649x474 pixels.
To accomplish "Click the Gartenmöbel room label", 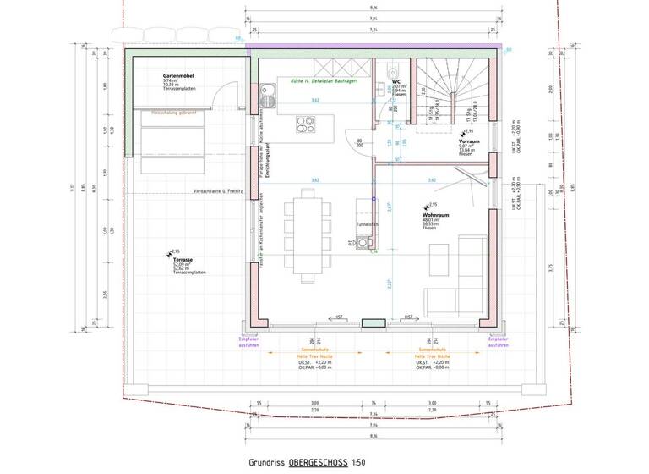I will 179,76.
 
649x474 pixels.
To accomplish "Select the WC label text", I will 395,81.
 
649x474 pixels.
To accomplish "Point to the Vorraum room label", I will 470,142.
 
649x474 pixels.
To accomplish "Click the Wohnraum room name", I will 434,216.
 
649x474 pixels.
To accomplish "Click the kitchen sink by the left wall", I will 268,88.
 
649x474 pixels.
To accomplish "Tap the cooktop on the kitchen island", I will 303,125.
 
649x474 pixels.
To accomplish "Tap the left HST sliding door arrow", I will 338,317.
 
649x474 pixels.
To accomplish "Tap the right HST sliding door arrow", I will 409,317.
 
